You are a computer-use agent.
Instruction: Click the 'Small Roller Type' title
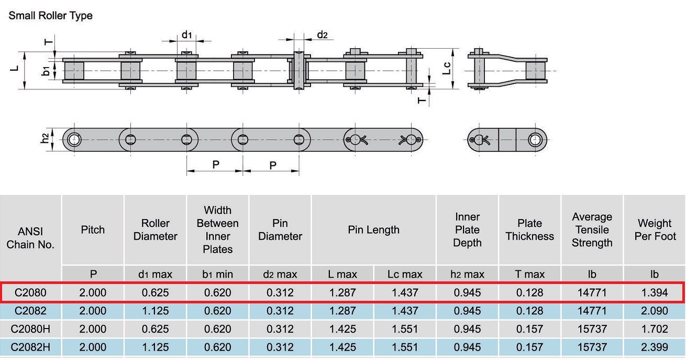pyautogui.click(x=50, y=15)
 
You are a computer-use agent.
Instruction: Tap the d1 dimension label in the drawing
pyautogui.click(x=187, y=35)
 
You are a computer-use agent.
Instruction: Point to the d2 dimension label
pyautogui.click(x=322, y=35)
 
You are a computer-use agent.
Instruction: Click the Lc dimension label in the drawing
pyautogui.click(x=447, y=68)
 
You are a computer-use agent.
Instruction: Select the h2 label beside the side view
pyautogui.click(x=45, y=138)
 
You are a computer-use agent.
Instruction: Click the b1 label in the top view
pyautogui.click(x=46, y=71)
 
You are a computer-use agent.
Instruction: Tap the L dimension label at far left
pyautogui.click(x=14, y=69)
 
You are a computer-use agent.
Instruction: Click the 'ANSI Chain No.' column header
pyautogui.click(x=30, y=238)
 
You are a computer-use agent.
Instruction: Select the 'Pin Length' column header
pyautogui.click(x=373, y=230)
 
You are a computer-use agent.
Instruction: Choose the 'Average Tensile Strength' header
pyautogui.click(x=592, y=230)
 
